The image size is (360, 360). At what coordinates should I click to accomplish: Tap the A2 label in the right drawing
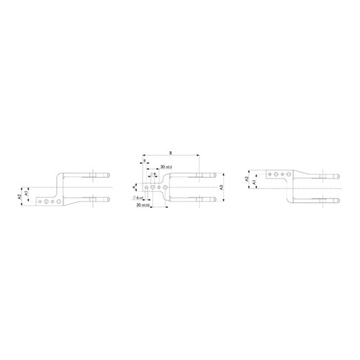(248, 179)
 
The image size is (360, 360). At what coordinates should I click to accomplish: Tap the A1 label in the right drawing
(254, 181)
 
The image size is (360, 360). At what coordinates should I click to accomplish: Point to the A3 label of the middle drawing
(221, 187)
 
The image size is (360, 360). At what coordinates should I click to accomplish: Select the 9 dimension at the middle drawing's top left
(144, 160)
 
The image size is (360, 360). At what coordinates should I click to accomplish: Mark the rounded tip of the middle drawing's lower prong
(215, 198)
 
